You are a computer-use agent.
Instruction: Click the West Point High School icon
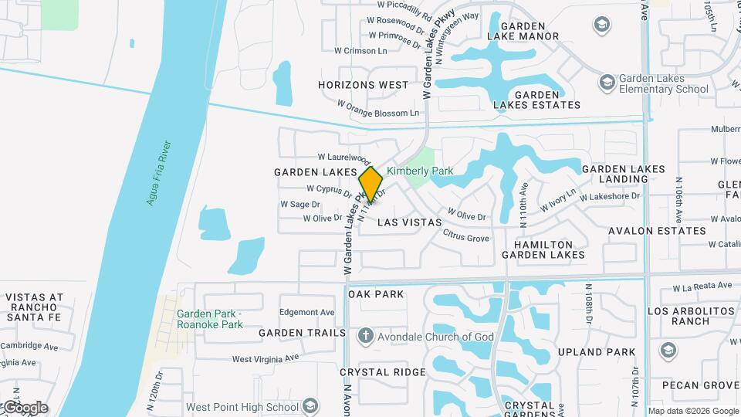click(310, 406)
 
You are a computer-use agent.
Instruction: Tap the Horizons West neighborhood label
click(363, 85)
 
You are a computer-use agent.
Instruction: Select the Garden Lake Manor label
click(523, 29)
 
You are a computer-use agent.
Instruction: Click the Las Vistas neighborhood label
click(410, 222)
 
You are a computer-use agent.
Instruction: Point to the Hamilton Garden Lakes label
click(543, 248)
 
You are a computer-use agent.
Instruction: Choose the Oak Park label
click(376, 294)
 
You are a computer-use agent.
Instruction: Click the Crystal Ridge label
click(383, 372)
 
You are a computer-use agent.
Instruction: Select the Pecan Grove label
click(700, 385)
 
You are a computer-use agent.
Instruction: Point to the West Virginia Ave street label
click(265, 359)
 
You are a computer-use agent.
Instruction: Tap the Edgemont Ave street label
click(307, 312)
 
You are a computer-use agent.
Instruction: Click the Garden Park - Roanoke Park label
click(209, 318)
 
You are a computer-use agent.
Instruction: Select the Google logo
click(25, 408)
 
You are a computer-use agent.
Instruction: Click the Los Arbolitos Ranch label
click(691, 315)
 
